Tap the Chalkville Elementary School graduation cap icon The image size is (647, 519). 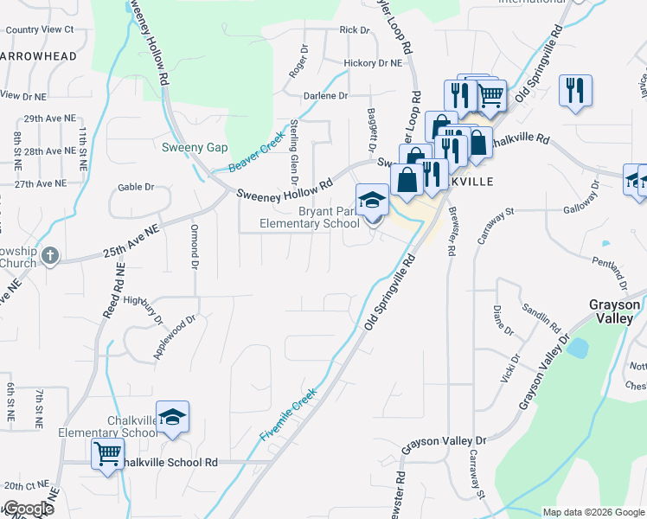(172, 417)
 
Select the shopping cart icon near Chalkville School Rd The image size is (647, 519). (107, 453)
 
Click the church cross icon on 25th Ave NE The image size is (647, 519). (50, 255)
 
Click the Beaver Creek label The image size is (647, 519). (257, 152)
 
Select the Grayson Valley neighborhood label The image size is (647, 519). (616, 311)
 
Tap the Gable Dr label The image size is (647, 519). (136, 187)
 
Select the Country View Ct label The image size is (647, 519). (40, 29)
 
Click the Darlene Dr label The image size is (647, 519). (325, 96)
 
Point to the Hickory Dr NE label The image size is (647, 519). (373, 63)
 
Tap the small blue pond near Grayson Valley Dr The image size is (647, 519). (577, 348)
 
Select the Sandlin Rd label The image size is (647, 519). (541, 320)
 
